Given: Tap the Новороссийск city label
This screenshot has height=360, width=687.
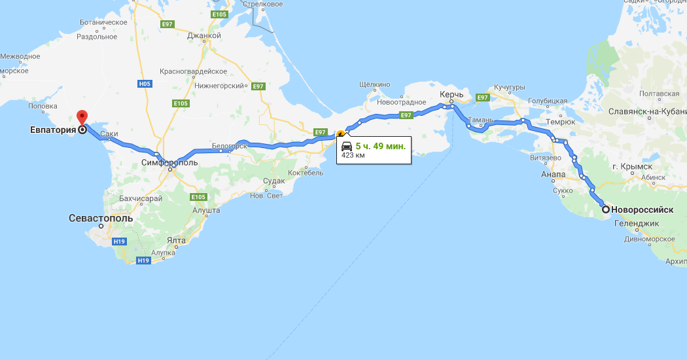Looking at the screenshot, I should pos(642,209).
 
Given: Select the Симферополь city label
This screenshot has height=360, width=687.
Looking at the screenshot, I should pos(169,162).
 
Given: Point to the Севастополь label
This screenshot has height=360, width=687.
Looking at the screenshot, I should pos(101,218).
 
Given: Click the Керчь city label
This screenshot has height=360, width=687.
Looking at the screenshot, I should pos(451,95).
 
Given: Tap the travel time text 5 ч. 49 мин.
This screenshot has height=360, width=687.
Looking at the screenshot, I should pos(380,146).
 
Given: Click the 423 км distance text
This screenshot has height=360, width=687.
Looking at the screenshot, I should pos(353,156).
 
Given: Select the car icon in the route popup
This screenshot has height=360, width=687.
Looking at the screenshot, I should pos(347,146).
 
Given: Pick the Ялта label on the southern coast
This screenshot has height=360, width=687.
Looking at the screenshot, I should pos(176,240).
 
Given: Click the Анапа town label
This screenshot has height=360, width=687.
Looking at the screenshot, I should pos(553,174).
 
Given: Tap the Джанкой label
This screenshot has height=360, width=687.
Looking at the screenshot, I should pos(203,36).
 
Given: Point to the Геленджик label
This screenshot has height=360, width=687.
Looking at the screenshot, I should pos(636,223).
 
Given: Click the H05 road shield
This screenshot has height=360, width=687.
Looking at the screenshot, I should pos(145,84).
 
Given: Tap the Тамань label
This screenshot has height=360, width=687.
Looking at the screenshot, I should pos(482,120).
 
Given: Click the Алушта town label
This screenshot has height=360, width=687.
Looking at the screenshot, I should pos(206,210).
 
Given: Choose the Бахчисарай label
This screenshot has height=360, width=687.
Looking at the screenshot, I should pos(141,198).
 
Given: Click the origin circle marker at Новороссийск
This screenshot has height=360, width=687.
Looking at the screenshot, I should pos(606,209).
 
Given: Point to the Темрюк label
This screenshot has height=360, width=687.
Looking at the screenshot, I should pos(561,122).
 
